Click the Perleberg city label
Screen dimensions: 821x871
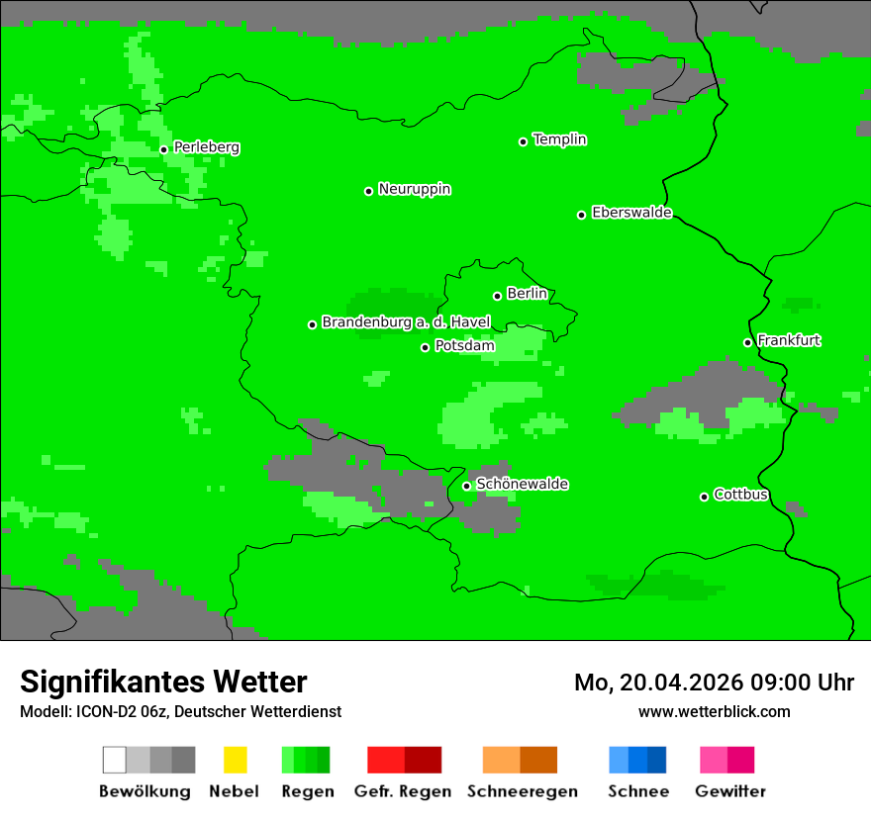click(x=206, y=147)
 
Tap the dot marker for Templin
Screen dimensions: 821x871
click(x=523, y=141)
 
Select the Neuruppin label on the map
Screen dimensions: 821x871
click(x=414, y=189)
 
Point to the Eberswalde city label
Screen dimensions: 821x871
click(x=631, y=213)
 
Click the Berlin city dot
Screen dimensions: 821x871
click(x=497, y=296)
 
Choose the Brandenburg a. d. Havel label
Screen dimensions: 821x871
click(x=406, y=322)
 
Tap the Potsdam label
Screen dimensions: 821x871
click(x=464, y=346)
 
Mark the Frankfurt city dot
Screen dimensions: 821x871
click(x=747, y=342)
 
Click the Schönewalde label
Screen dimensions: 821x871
click(x=522, y=484)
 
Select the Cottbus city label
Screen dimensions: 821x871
click(x=740, y=495)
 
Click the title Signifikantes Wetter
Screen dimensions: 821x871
click(x=163, y=682)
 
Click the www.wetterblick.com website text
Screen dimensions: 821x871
click(x=714, y=711)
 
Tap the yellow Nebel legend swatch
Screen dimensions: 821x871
click(x=235, y=760)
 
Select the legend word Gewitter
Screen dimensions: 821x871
click(x=730, y=791)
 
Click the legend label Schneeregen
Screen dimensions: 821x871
click(x=522, y=791)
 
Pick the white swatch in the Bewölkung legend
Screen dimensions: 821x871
click(x=115, y=760)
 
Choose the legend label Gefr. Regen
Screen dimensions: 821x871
click(x=403, y=791)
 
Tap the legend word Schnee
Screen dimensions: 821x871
click(x=637, y=791)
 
